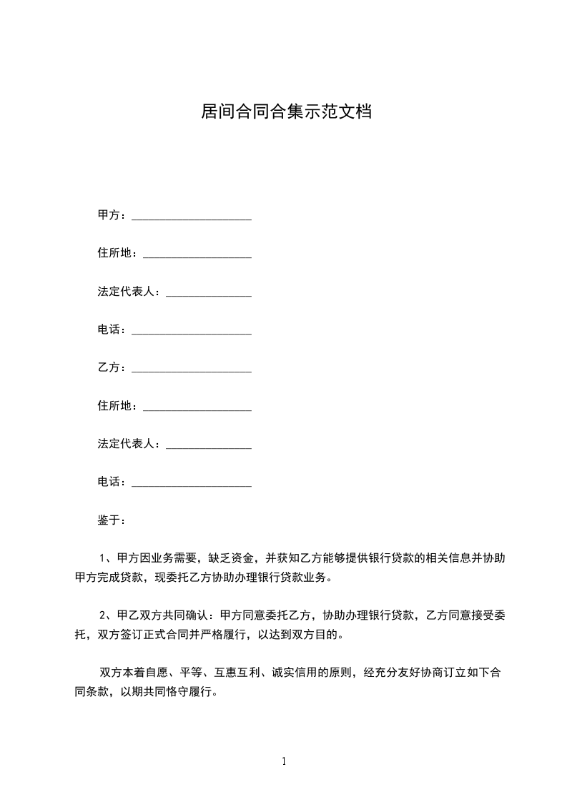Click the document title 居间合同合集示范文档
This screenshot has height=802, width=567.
click(x=286, y=112)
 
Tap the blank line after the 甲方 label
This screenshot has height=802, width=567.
click(x=192, y=217)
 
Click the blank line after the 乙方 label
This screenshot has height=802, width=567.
click(x=192, y=370)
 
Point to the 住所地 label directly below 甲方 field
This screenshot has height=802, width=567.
click(x=114, y=253)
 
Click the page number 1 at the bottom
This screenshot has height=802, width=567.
click(x=284, y=761)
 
